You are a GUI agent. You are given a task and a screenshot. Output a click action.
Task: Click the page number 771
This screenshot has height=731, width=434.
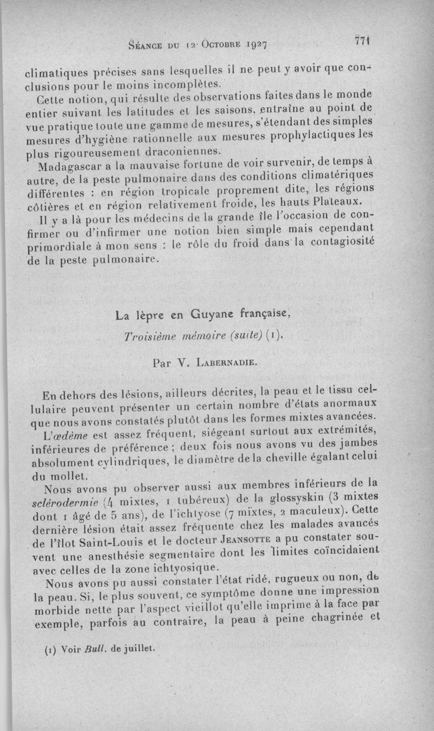pos(361,41)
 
